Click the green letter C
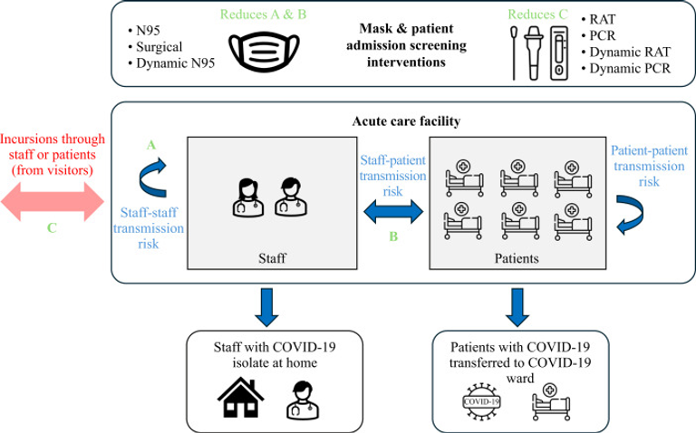(52, 229)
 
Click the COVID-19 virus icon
(480, 399)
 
